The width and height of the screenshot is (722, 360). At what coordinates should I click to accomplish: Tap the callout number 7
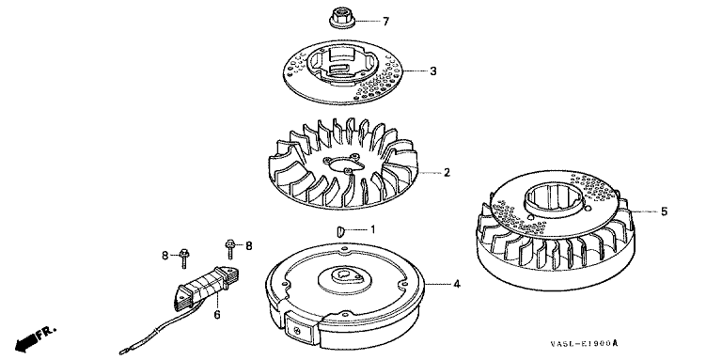[385, 22]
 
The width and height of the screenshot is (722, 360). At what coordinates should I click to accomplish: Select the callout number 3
[432, 71]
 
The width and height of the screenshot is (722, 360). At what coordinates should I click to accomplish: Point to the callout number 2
[447, 173]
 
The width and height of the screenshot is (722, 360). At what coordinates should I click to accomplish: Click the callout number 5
[664, 211]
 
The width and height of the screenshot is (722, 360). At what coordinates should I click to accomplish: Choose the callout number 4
[456, 285]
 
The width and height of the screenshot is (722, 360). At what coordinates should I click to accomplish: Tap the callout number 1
[373, 228]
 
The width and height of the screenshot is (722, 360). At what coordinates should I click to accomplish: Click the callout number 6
[217, 315]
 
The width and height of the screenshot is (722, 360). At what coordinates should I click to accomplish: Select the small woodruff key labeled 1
[340, 230]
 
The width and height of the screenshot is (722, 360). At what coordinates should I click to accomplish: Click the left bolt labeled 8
[183, 258]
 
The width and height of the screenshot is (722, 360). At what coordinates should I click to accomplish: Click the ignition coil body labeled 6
[207, 287]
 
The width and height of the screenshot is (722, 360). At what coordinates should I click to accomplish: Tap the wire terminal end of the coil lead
[124, 352]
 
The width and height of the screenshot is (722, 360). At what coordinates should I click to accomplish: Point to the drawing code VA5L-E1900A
[584, 344]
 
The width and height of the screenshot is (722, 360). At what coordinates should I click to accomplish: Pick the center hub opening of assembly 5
[553, 199]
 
